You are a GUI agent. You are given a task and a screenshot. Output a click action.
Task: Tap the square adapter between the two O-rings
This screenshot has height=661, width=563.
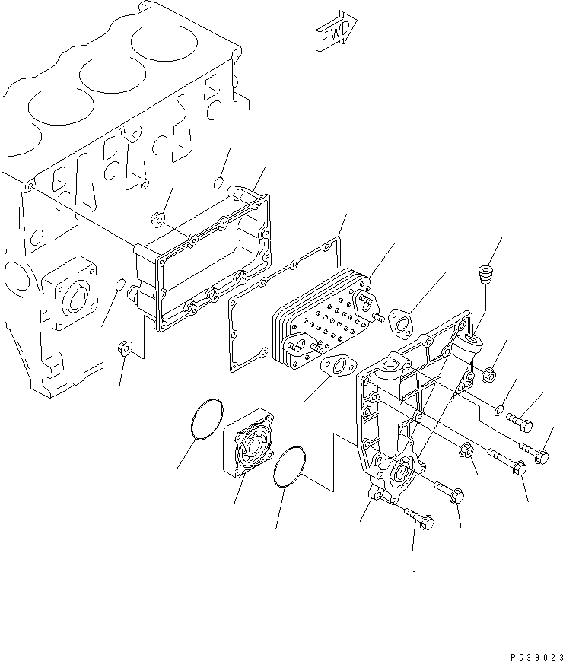pyautogui.click(x=250, y=446)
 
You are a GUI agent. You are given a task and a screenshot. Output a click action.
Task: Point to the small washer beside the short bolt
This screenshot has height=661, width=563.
pyautogui.click(x=498, y=411)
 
